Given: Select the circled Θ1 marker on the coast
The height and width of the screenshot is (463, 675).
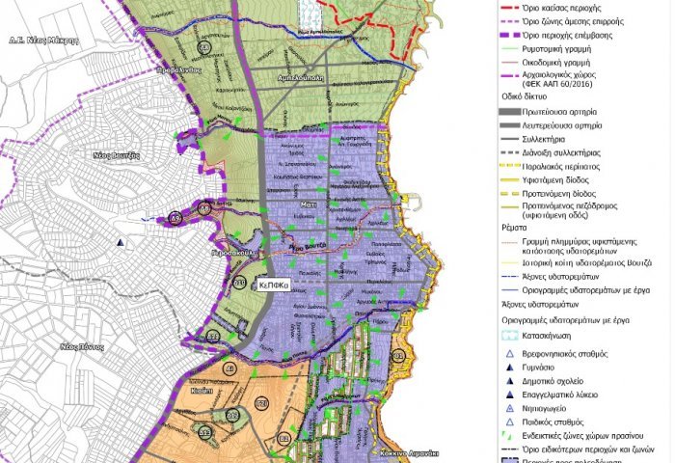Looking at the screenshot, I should [x=400, y=357].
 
